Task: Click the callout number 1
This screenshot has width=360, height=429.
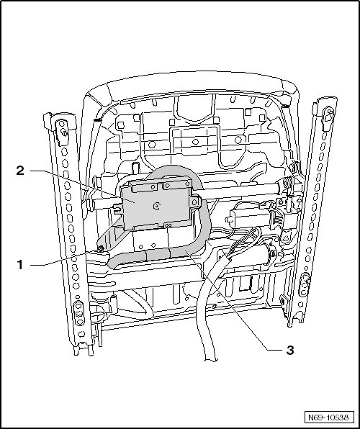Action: pyautogui.click(x=20, y=265)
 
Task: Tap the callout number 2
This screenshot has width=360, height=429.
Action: pyautogui.click(x=20, y=171)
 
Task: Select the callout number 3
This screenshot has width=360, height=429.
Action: pyautogui.click(x=290, y=350)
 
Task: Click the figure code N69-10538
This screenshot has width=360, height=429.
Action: pyautogui.click(x=329, y=417)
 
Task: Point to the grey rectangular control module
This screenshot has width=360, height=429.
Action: pyautogui.click(x=156, y=204)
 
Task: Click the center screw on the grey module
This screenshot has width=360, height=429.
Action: pyautogui.click(x=157, y=207)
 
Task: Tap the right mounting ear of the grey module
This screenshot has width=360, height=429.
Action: pyautogui.click(x=195, y=202)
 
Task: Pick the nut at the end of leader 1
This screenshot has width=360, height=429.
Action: pyautogui.click(x=101, y=248)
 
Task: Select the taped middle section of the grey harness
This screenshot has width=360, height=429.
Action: pyautogui.click(x=158, y=254)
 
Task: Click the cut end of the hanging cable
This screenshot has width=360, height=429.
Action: pyautogui.click(x=211, y=359)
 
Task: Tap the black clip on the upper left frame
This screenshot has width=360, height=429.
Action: pyautogui.click(x=96, y=119)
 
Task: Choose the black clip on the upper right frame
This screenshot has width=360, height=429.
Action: pyautogui.click(x=285, y=106)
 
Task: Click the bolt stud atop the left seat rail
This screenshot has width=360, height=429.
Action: pyautogui.click(x=65, y=133)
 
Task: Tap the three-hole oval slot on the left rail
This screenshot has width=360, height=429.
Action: pyautogui.click(x=79, y=313)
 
